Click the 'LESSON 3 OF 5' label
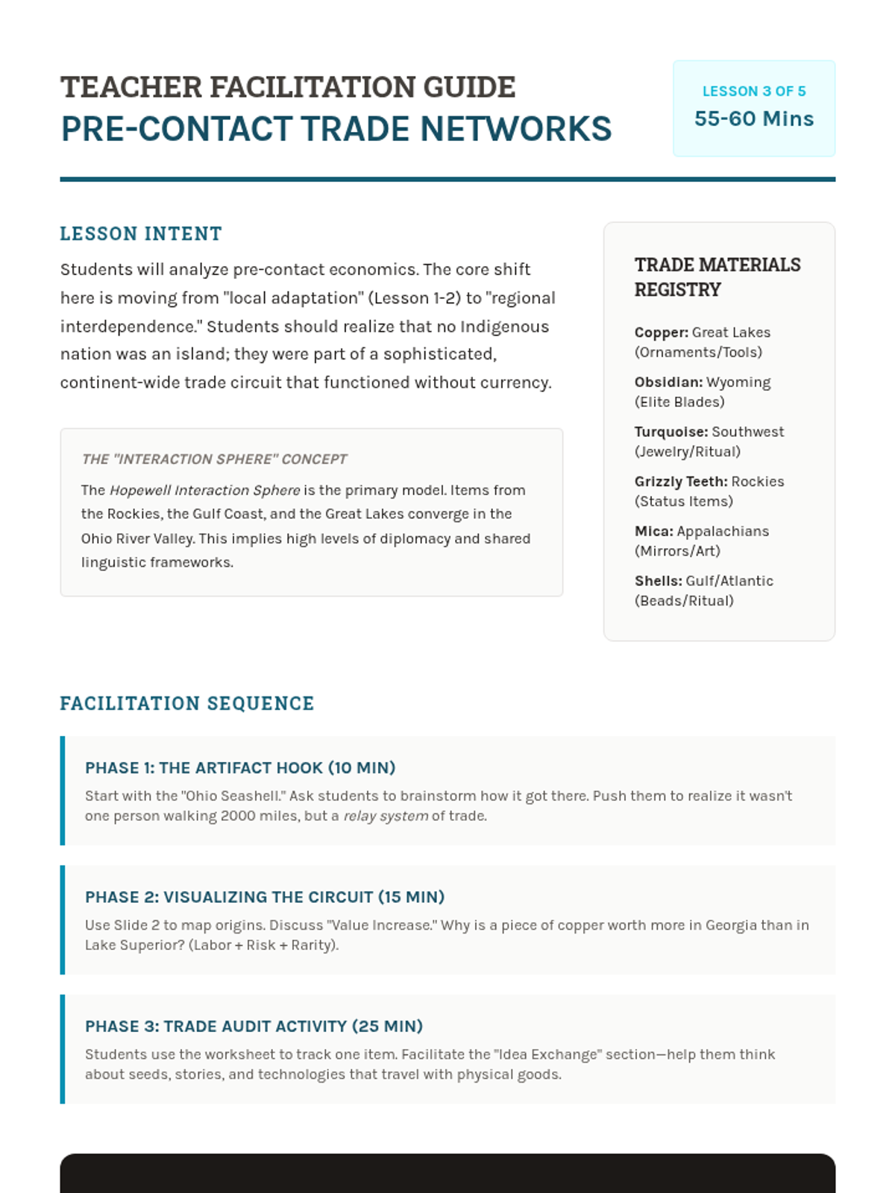tap(754, 91)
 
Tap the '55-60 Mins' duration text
tap(754, 119)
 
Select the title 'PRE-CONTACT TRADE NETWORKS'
tap(336, 129)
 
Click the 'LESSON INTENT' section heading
tap(141, 234)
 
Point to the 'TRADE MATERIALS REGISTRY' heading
tap(717, 277)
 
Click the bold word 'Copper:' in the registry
tap(662, 333)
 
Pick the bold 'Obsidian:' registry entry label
tap(668, 382)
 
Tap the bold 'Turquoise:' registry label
tap(671, 432)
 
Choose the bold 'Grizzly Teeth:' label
tap(681, 482)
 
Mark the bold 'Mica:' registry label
tap(654, 531)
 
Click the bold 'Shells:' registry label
tap(659, 581)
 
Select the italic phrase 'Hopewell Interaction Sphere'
tap(205, 490)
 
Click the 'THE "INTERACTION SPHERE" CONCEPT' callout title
tap(214, 459)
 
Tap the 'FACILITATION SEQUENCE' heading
tap(187, 704)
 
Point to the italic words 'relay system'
tap(386, 816)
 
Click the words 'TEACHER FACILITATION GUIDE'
tap(288, 87)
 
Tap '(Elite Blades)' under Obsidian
tap(679, 402)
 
